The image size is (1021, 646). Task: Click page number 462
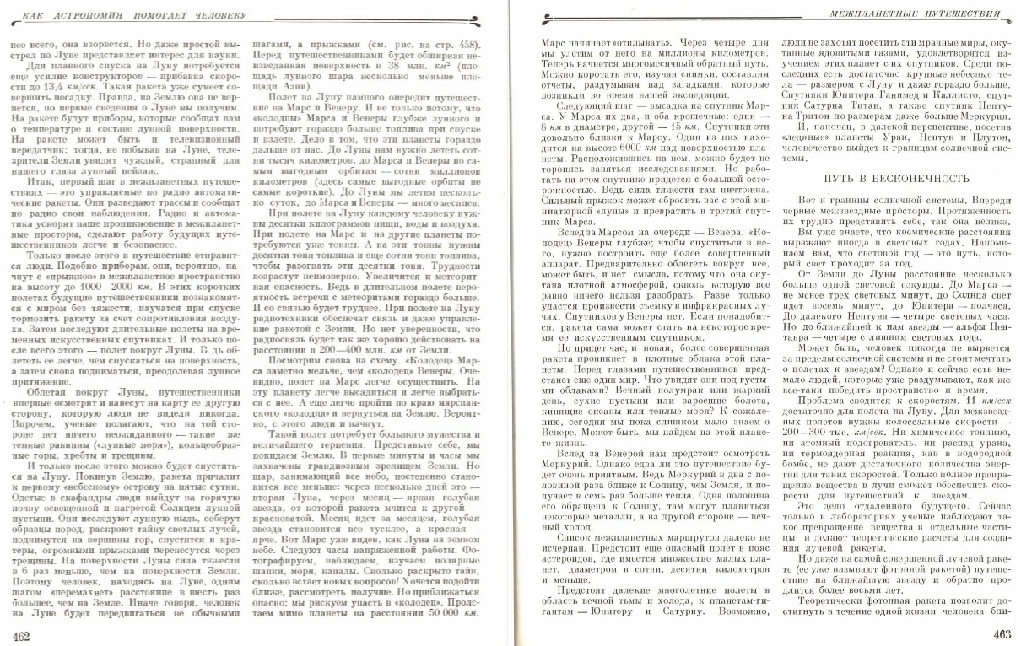click(19, 634)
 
